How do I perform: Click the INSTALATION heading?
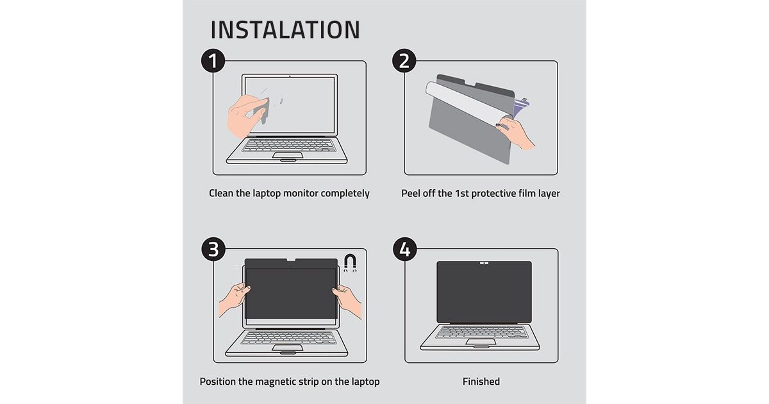285,29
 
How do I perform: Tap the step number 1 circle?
213,60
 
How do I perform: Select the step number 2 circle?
404,60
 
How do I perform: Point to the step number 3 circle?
213,249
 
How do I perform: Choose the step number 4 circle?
405,249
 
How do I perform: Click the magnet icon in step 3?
350,263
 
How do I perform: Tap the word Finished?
481,382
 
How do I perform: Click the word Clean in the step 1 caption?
221,193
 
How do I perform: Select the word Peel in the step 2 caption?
411,193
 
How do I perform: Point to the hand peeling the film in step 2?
516,132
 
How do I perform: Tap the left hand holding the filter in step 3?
234,299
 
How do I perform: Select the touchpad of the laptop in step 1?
288,155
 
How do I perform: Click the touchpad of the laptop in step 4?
481,342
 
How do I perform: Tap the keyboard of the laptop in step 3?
288,337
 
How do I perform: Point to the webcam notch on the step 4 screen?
484,264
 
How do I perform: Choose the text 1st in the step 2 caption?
462,193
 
